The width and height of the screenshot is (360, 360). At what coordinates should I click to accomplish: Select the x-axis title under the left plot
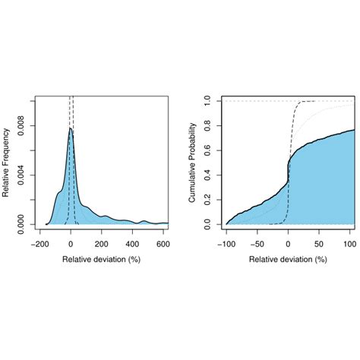(x=101, y=259)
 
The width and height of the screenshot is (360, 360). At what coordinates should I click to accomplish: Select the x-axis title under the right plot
(x=288, y=259)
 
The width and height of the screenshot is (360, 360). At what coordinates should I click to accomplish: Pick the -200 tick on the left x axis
(x=39, y=244)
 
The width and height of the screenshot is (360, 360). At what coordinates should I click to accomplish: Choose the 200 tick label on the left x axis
(x=102, y=244)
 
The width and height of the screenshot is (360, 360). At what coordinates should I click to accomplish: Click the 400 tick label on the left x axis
(x=133, y=244)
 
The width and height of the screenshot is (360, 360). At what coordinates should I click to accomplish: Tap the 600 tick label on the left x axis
(x=163, y=244)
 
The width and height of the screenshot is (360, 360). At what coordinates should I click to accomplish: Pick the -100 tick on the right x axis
(x=226, y=244)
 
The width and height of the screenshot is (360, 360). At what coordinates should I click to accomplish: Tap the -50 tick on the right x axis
(x=257, y=244)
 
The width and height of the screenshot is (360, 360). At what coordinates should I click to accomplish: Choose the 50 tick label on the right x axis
(x=319, y=244)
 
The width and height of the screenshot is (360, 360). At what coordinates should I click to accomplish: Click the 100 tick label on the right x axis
(x=349, y=244)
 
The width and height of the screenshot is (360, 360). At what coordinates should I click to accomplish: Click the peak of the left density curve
(x=71, y=129)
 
